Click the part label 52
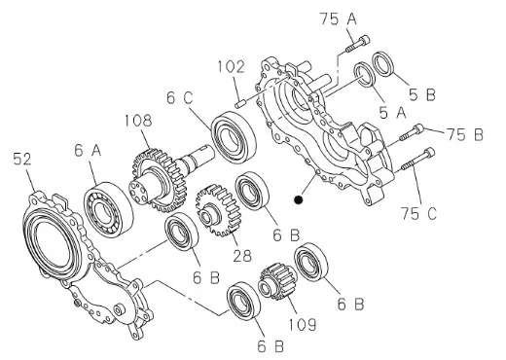22,159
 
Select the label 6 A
88,151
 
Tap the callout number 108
138,121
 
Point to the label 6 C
180,97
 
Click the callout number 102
232,67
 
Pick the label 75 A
339,18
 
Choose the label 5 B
422,94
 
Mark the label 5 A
393,113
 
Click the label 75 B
465,134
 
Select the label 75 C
419,213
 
